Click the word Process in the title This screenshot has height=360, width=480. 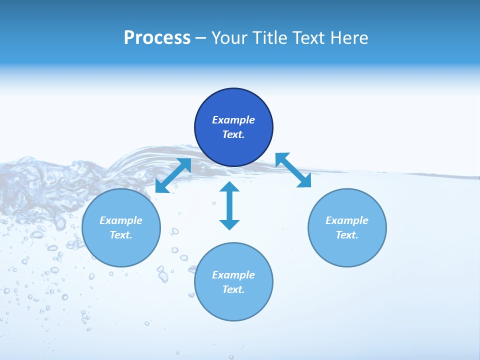157,38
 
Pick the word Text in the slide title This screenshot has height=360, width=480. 310,38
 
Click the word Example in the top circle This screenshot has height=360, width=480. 233,120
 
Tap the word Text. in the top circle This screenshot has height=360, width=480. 233,134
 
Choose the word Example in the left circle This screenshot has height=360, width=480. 121,220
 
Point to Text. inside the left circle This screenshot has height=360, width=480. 121,235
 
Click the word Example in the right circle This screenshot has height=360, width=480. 347,220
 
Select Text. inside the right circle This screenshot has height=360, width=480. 347,235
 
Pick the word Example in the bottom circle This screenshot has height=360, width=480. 233,275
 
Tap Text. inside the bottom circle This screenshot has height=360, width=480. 233,289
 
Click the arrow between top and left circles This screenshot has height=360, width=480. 173,175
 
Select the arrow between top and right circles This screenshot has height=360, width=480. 293,170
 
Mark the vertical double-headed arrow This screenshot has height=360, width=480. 229,205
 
